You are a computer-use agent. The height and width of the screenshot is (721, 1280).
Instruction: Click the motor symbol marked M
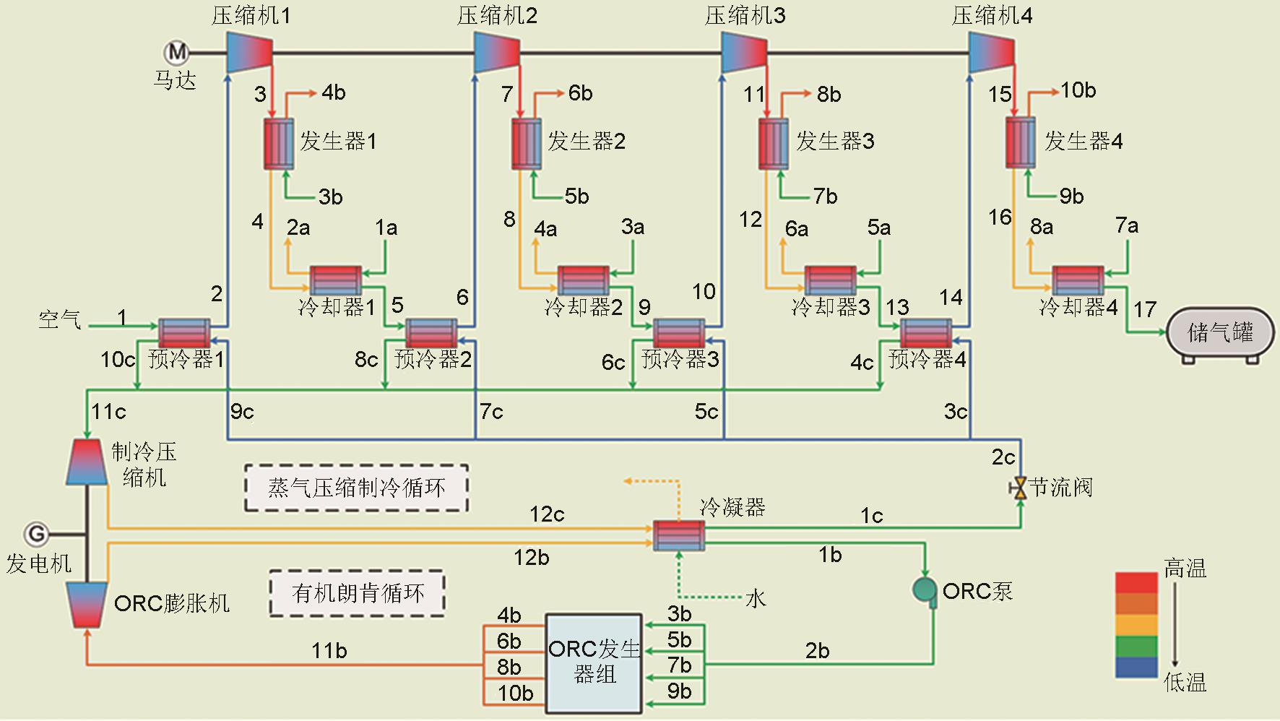[x=176, y=52]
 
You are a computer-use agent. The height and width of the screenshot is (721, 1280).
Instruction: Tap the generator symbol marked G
[x=36, y=534]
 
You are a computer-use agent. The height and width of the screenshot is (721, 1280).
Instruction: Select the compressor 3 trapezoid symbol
[x=744, y=53]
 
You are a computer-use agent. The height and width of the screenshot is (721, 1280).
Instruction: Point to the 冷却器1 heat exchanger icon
[x=336, y=280]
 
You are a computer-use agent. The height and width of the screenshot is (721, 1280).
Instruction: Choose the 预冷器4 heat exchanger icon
[x=926, y=333]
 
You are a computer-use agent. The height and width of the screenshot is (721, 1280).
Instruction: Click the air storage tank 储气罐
[x=1220, y=333]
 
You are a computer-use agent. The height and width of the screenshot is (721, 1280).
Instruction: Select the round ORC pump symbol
[x=924, y=590]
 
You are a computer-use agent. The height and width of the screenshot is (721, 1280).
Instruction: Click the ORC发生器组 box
[x=594, y=663]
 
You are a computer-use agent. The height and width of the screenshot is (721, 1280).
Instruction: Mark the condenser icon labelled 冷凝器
[x=678, y=535]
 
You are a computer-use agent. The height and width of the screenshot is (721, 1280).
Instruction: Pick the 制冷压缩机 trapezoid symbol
[x=87, y=461]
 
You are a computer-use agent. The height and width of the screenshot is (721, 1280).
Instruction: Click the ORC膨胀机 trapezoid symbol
[x=87, y=605]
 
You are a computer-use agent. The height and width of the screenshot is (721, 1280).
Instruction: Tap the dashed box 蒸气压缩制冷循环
[x=357, y=488]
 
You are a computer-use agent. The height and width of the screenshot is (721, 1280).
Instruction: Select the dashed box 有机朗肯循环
[x=358, y=593]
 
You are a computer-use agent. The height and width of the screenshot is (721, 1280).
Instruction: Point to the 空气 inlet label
[x=59, y=319]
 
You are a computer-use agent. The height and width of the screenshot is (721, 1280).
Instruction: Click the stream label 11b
[x=329, y=651]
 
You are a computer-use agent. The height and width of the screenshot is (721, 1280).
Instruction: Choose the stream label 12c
[x=547, y=514]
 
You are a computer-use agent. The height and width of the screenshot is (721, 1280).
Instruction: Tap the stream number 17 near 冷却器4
[x=1144, y=310]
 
